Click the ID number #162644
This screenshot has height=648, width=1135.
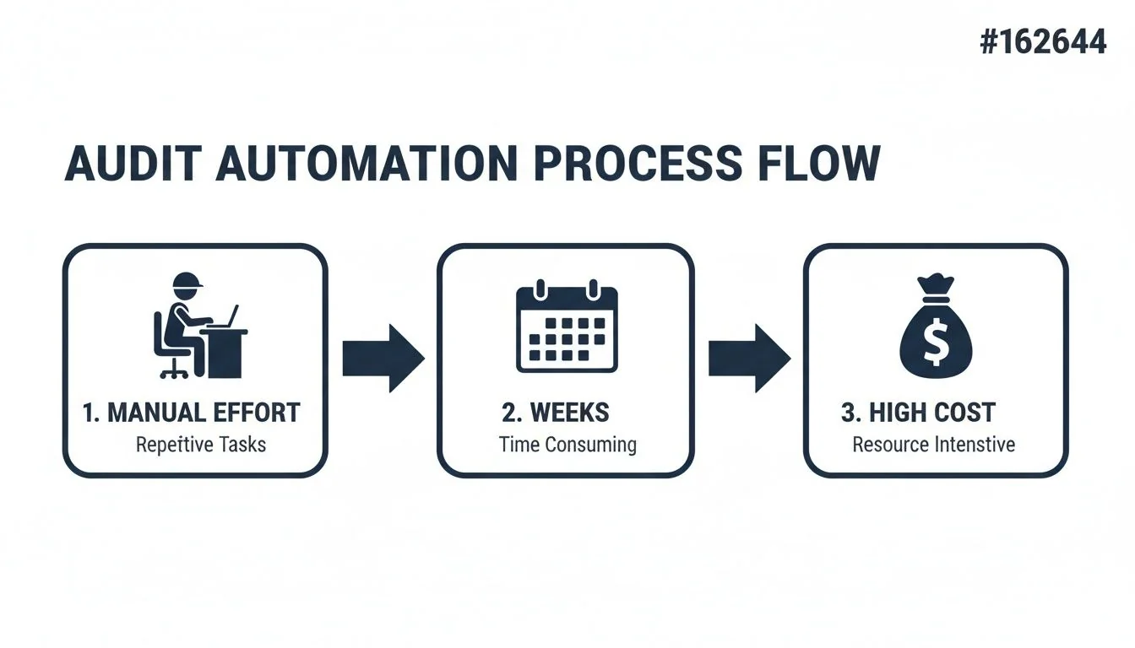(1042, 40)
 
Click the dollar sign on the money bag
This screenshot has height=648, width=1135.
(935, 343)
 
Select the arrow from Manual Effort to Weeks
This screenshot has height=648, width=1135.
(383, 359)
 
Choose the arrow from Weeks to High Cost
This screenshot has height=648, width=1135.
(748, 359)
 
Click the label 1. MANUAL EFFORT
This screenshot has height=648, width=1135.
(192, 413)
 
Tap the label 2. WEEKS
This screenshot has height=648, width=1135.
(555, 413)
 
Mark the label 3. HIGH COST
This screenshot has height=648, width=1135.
(918, 413)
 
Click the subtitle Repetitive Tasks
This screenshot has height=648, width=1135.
(201, 444)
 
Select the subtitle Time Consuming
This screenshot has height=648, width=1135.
(567, 444)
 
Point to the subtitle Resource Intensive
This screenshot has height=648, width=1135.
(933, 444)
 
